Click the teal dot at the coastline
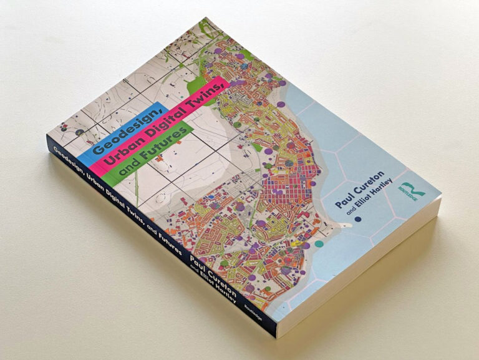(x=319, y=243)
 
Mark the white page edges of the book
(x=368, y=275)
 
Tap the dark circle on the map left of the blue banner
(x=79, y=132)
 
